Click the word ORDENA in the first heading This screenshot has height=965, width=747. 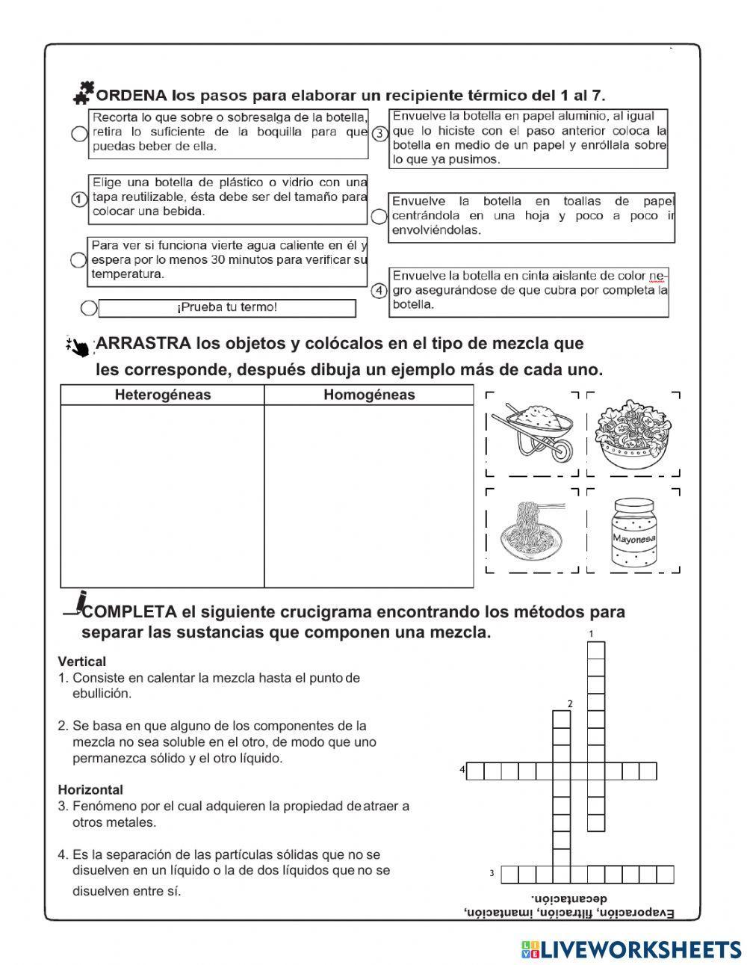coord(131,96)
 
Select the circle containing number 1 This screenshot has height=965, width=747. coord(78,199)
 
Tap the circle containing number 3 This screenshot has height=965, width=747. coord(379,134)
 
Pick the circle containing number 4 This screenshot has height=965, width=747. coord(379,290)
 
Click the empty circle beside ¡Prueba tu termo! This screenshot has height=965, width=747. coord(89,308)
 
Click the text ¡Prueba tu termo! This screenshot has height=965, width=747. coord(226,308)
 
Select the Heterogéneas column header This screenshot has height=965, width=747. coord(162,395)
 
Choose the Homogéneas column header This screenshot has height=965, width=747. coord(368,395)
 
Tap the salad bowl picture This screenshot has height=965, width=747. coord(633,433)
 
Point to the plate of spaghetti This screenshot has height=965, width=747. coord(532,529)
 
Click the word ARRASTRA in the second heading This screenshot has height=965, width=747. coord(144,344)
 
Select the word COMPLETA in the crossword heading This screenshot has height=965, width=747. coord(129,612)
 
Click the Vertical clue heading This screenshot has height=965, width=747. coord(82,662)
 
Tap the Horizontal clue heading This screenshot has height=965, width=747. coord(90,789)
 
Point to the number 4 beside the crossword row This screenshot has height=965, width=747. coord(462,769)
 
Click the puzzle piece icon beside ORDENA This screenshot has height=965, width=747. coord(83,92)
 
